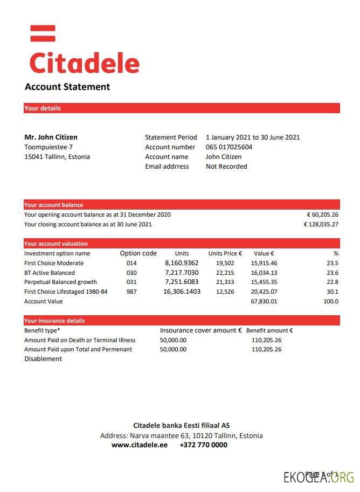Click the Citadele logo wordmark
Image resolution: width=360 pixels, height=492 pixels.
(84, 63)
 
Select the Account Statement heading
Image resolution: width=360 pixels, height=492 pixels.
(67, 87)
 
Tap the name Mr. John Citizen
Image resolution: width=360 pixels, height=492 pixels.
(51, 137)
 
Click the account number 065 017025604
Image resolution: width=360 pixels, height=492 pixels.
(229, 147)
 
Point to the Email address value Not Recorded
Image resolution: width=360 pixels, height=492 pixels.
(226, 167)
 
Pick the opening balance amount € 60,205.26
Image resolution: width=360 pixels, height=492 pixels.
(322, 214)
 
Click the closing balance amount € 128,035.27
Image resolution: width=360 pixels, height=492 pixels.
(321, 224)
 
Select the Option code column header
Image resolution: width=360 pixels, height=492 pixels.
(138, 253)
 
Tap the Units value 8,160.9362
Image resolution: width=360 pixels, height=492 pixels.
(182, 263)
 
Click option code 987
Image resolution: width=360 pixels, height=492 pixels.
(131, 292)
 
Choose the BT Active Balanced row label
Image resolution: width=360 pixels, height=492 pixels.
(50, 273)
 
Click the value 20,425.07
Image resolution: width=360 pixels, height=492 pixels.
(264, 292)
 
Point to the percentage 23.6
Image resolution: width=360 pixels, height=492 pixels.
(333, 273)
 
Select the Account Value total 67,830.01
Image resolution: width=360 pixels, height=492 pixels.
(264, 301)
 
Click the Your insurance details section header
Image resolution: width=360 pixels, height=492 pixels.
(54, 321)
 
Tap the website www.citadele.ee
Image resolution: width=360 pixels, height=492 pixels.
(139, 445)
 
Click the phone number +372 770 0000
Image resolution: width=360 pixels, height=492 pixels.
(203, 445)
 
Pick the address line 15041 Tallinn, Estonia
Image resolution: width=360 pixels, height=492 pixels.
(57, 157)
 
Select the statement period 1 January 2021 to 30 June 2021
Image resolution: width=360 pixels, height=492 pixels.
(253, 137)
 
